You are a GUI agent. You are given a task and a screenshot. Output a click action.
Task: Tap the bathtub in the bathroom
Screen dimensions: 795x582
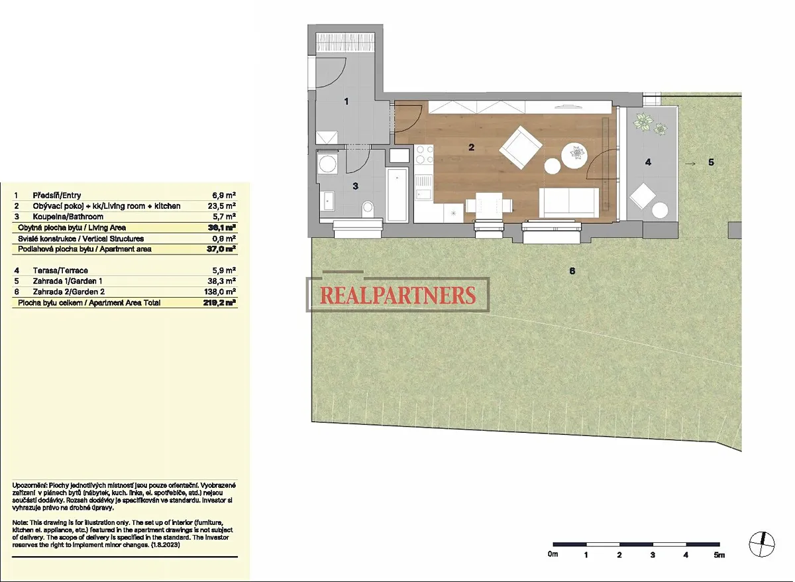[397, 195]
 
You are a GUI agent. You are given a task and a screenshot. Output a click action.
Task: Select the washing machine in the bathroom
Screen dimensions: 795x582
[327, 163]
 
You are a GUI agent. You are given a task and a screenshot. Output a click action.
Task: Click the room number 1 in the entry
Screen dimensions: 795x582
[346, 101]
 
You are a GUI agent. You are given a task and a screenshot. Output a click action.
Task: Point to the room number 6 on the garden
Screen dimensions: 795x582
[572, 271]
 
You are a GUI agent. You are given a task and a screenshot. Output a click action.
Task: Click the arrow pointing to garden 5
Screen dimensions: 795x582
[690, 164]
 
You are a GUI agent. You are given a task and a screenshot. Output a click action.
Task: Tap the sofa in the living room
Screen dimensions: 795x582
[568, 202]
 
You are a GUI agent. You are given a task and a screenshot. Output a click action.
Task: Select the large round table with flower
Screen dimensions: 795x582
[574, 156]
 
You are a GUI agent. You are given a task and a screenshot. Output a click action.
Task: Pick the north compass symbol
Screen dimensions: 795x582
[762, 544]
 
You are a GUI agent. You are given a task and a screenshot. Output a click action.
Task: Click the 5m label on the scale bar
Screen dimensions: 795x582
[719, 555]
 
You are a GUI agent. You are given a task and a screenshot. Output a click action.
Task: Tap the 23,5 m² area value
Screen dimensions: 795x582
[222, 206]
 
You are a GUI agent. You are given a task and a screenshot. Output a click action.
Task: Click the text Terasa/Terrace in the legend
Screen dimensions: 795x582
[60, 270]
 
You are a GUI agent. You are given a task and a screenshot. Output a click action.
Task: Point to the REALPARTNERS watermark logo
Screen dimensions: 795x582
[398, 295]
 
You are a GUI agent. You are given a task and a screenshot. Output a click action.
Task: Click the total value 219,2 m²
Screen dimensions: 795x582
[220, 302]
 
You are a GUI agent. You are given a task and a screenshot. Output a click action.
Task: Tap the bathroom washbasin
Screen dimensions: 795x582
[327, 202]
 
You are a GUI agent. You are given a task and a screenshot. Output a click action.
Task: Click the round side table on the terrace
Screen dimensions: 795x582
[660, 210]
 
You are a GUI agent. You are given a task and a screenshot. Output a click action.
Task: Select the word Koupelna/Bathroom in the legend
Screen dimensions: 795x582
[68, 217]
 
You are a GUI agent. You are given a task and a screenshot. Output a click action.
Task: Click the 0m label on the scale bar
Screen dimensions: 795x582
[553, 554]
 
